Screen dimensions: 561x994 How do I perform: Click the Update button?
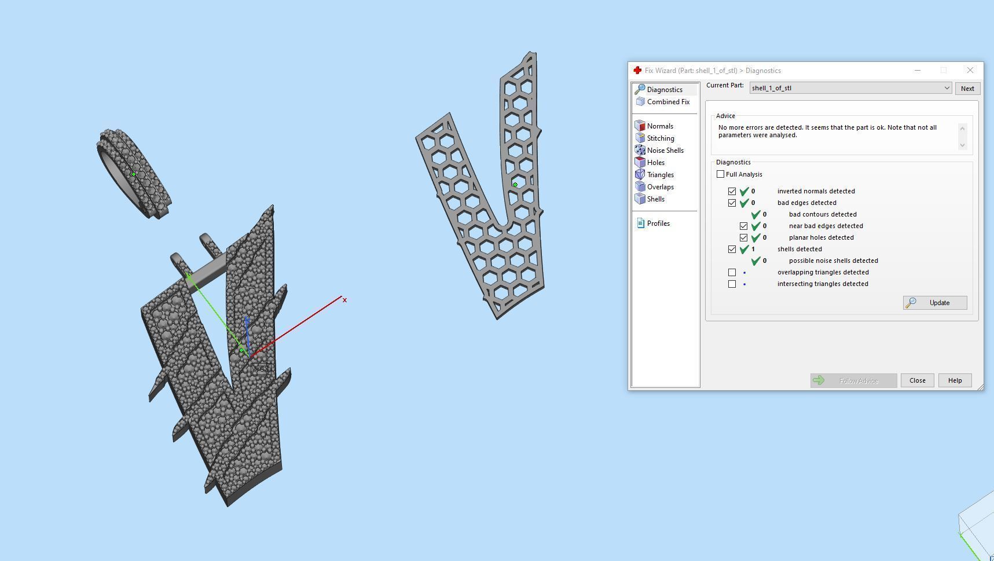pyautogui.click(x=934, y=303)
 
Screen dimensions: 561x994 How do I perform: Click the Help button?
pyautogui.click(x=954, y=380)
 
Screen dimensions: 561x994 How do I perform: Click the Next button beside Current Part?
pyautogui.click(x=967, y=89)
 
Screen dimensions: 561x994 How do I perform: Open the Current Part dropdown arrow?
pyautogui.click(x=947, y=88)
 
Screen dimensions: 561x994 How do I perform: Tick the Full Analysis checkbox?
pyautogui.click(x=720, y=174)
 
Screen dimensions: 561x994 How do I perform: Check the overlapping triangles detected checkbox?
pyautogui.click(x=732, y=272)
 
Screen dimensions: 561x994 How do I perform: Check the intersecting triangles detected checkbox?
pyautogui.click(x=732, y=284)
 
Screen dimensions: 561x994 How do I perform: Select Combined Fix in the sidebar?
pyautogui.click(x=667, y=102)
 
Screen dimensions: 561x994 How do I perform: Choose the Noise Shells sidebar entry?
pyautogui.click(x=665, y=151)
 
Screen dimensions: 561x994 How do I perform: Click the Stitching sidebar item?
pyautogui.click(x=660, y=138)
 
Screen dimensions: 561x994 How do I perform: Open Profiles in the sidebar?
pyautogui.click(x=658, y=223)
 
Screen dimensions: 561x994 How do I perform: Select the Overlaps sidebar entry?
pyautogui.click(x=659, y=187)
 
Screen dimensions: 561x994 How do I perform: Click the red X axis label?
pyautogui.click(x=344, y=300)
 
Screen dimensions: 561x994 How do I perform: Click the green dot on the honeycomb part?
pyautogui.click(x=515, y=185)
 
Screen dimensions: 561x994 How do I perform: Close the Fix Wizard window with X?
pyautogui.click(x=970, y=70)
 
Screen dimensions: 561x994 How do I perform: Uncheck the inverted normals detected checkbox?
pyautogui.click(x=732, y=191)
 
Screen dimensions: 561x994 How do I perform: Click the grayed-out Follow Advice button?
pyautogui.click(x=853, y=380)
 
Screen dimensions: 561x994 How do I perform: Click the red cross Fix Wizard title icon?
pyautogui.click(x=637, y=71)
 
